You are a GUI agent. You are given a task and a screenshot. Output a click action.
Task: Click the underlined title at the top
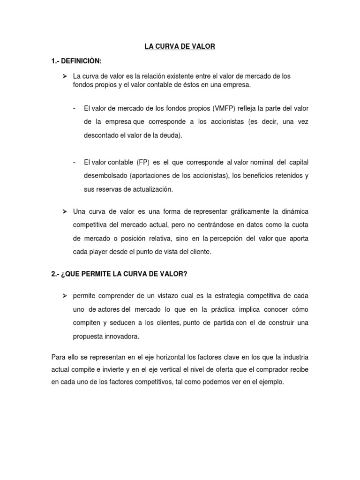point(180,46)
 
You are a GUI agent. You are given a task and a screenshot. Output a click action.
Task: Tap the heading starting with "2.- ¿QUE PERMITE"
point(119,274)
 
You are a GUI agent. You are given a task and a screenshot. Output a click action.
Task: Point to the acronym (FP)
point(142,162)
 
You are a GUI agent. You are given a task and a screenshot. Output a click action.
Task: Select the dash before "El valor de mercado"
point(75,108)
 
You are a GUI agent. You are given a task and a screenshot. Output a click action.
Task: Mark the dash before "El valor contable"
point(75,162)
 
